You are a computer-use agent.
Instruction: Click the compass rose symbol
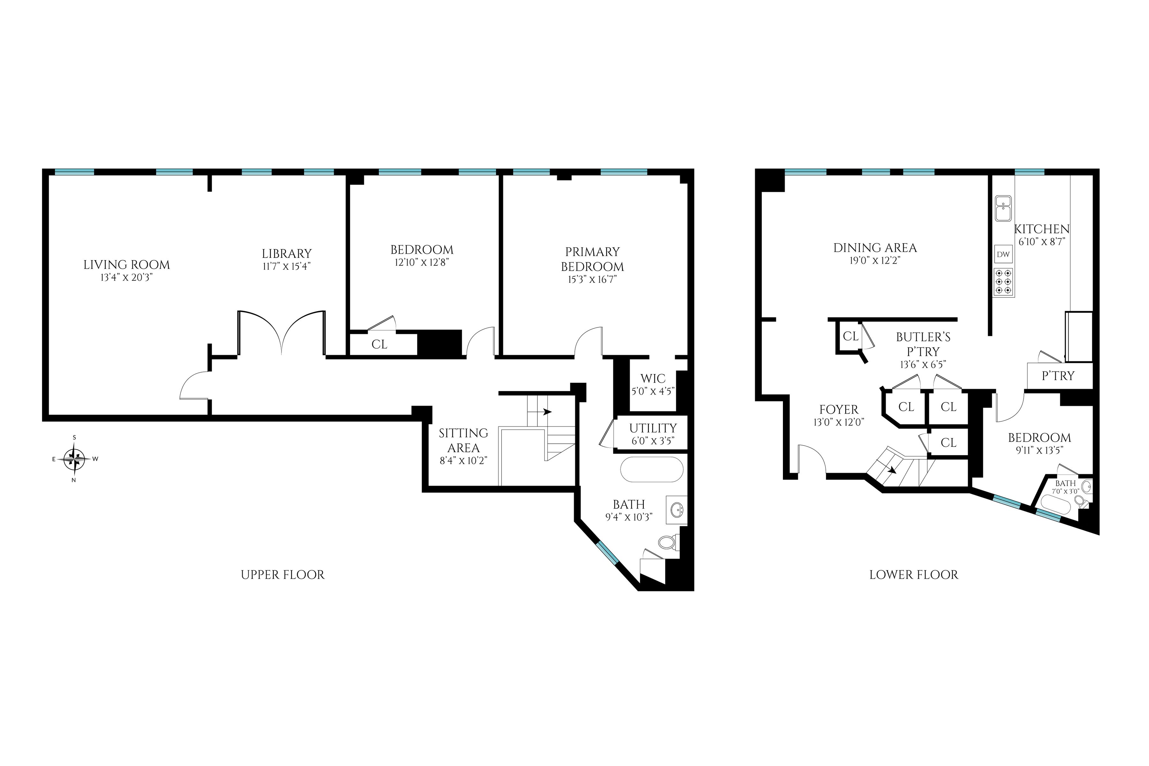click(x=75, y=459)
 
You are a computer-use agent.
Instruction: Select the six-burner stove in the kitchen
click(x=1003, y=282)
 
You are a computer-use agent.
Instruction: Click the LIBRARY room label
click(x=286, y=253)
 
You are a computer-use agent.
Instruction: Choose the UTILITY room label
click(x=653, y=428)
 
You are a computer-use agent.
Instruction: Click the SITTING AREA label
click(x=463, y=440)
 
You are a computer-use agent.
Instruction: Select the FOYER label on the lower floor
click(x=838, y=409)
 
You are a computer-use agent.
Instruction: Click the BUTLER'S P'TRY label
click(x=923, y=344)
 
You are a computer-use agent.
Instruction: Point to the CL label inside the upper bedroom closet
click(x=379, y=344)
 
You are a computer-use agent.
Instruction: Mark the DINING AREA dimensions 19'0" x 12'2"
click(x=875, y=261)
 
